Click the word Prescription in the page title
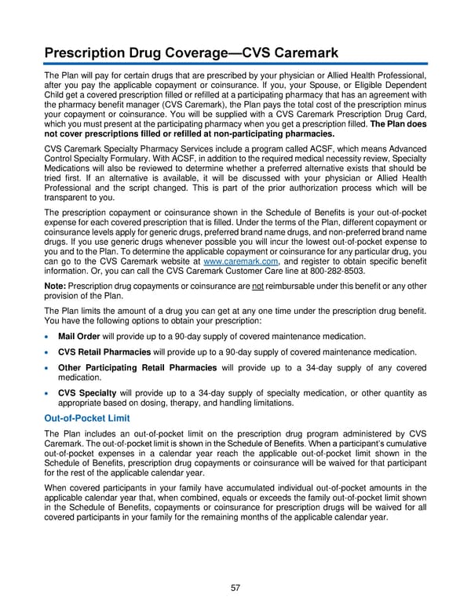(x=93, y=53)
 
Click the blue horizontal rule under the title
(x=235, y=65)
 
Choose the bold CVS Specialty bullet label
(x=87, y=392)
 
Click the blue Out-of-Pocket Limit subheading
(x=87, y=418)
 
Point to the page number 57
(x=235, y=587)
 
